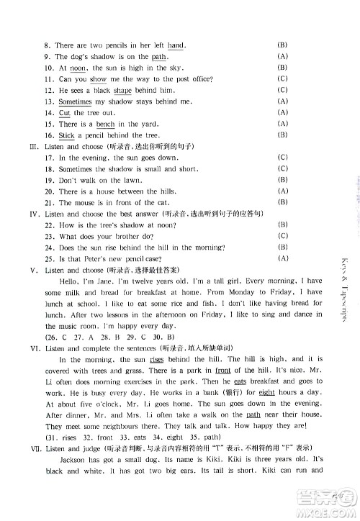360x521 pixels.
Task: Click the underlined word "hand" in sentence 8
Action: pyautogui.click(x=176, y=45)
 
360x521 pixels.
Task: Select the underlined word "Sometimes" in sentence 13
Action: pyautogui.click(x=76, y=101)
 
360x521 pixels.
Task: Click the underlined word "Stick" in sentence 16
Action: pyautogui.click(x=66, y=135)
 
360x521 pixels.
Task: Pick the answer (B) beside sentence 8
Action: pyautogui.click(x=282, y=45)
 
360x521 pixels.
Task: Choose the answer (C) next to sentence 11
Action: pyautogui.click(x=282, y=78)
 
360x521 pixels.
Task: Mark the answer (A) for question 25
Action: pyautogui.click(x=282, y=258)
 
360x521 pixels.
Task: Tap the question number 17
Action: pyautogui.click(x=49, y=157)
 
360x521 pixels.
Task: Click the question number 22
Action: pyautogui.click(x=49, y=225)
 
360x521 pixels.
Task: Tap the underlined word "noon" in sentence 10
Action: pyautogui.click(x=78, y=68)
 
